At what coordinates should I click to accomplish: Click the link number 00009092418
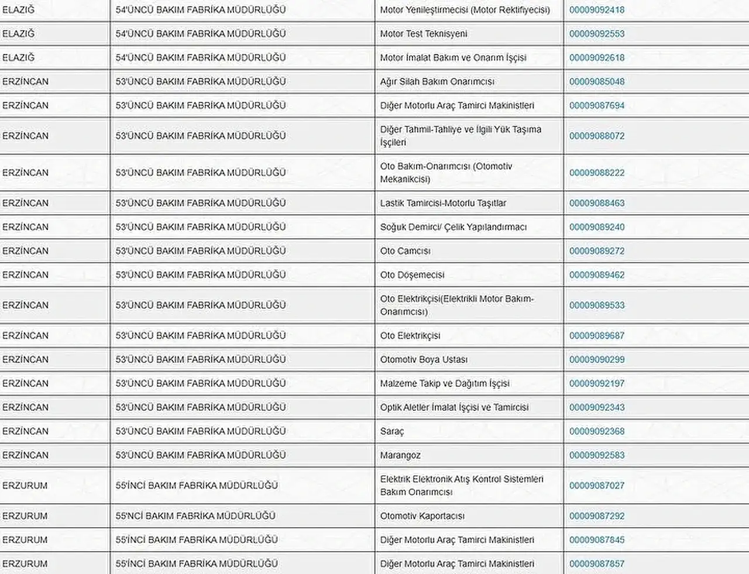pyautogui.click(x=597, y=10)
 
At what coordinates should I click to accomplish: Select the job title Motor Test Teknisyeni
pyautogui.click(x=424, y=34)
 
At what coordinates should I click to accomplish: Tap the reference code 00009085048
pyautogui.click(x=597, y=82)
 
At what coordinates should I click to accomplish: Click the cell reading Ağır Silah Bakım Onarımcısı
pyautogui.click(x=437, y=82)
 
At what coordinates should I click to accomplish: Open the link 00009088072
pyautogui.click(x=597, y=136)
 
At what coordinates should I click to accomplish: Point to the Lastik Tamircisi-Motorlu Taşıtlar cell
pyautogui.click(x=443, y=203)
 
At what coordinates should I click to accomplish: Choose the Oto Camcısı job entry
pyautogui.click(x=405, y=251)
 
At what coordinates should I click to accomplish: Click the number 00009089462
pyautogui.click(x=597, y=275)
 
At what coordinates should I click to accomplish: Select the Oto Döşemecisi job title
pyautogui.click(x=412, y=275)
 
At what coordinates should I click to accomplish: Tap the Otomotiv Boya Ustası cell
pyautogui.click(x=424, y=360)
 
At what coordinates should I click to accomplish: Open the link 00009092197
pyautogui.click(x=597, y=384)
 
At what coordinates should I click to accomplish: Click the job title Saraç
pyautogui.click(x=392, y=431)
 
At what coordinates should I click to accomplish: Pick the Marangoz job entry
pyautogui.click(x=400, y=455)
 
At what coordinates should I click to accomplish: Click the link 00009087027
pyautogui.click(x=597, y=486)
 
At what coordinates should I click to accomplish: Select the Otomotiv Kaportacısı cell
pyautogui.click(x=422, y=516)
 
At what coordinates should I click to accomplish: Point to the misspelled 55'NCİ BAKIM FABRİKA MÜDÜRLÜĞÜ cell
pyautogui.click(x=195, y=516)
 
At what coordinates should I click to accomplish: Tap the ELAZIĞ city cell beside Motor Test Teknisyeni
pyautogui.click(x=19, y=34)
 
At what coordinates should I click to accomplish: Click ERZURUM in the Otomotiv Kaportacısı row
pyautogui.click(x=25, y=516)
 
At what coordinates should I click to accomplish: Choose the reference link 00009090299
pyautogui.click(x=597, y=360)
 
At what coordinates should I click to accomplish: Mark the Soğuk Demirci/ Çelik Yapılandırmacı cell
pyautogui.click(x=453, y=227)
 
